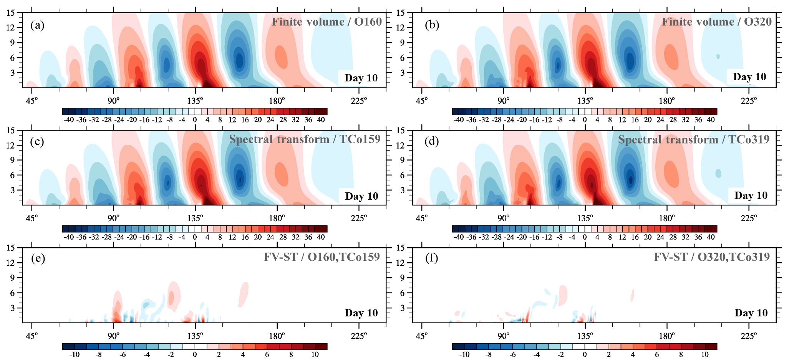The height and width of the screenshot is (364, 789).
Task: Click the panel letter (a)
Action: pyautogui.click(x=37, y=25)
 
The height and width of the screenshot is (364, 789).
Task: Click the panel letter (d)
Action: pyautogui.click(x=432, y=142)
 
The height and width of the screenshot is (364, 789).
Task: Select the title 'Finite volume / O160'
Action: pyautogui.click(x=327, y=22)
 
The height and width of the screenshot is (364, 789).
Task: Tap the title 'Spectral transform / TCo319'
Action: pyautogui.click(x=694, y=139)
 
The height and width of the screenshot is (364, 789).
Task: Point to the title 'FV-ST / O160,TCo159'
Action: pyautogui.click(x=322, y=256)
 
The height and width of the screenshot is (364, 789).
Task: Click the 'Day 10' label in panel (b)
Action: pyautogui.click(x=749, y=77)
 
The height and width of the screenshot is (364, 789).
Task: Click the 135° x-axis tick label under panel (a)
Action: pyautogui.click(x=195, y=101)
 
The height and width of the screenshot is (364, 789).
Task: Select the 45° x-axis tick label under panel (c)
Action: pyautogui.click(x=31, y=218)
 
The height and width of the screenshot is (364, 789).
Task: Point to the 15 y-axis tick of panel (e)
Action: pyautogui.click(x=10, y=248)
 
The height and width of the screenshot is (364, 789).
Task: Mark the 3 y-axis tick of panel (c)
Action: pyautogui.click(x=12, y=190)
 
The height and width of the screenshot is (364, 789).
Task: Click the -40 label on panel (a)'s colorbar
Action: pyautogui.click(x=68, y=120)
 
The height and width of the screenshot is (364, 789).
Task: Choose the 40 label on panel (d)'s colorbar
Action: pyautogui.click(x=711, y=237)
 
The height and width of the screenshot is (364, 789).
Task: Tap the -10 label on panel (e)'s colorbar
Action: pyautogui.click(x=74, y=354)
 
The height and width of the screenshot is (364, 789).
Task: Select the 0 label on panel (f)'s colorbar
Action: pyautogui.click(x=585, y=354)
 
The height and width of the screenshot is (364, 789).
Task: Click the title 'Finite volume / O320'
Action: pyautogui.click(x=716, y=22)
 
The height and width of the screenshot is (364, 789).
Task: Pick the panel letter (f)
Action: pyautogui.click(x=432, y=258)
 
